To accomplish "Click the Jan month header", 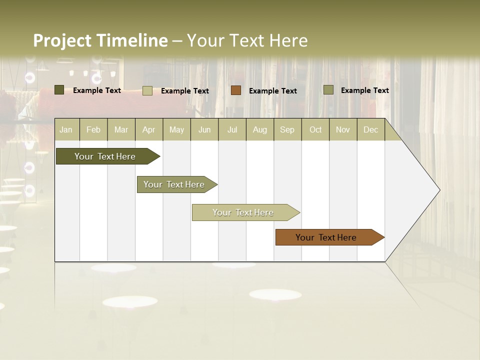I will point(66,130).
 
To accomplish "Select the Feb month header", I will point(93,130).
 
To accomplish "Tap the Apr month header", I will point(149,130).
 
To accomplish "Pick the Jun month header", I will point(204,130).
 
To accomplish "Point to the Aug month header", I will point(260,130).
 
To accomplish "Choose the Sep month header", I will point(287,130).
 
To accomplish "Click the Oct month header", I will point(315,130).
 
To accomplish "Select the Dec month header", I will point(371,130).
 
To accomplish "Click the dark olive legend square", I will point(59,90).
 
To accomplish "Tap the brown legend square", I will point(236,90).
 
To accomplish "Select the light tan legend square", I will point(147,90).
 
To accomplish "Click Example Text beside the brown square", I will point(273,91).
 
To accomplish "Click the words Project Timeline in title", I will point(100,40).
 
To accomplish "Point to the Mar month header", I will point(121,130).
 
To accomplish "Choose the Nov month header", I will point(343,130).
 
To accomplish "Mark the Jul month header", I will point(232,130).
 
